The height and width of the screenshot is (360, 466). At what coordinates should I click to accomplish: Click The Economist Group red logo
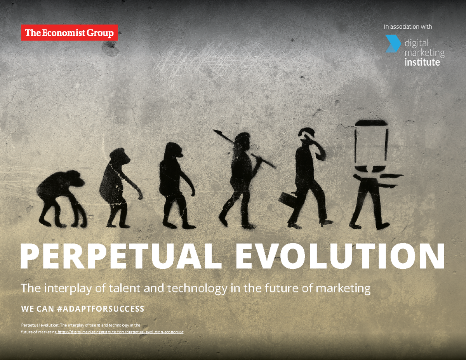[x=69, y=33]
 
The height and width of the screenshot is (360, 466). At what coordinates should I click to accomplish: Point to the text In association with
[x=407, y=27]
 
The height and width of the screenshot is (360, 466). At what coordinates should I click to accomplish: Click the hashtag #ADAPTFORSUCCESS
[x=100, y=309]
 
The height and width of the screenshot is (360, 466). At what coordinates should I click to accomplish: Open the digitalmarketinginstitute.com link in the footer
[x=120, y=332]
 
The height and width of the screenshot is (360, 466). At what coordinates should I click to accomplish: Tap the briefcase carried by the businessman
[x=288, y=198]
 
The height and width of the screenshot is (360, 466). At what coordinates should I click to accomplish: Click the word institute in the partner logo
[x=422, y=62]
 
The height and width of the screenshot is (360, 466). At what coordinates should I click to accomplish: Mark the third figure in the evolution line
[x=174, y=184]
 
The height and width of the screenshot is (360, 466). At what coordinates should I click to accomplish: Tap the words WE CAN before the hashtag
[x=37, y=309]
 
